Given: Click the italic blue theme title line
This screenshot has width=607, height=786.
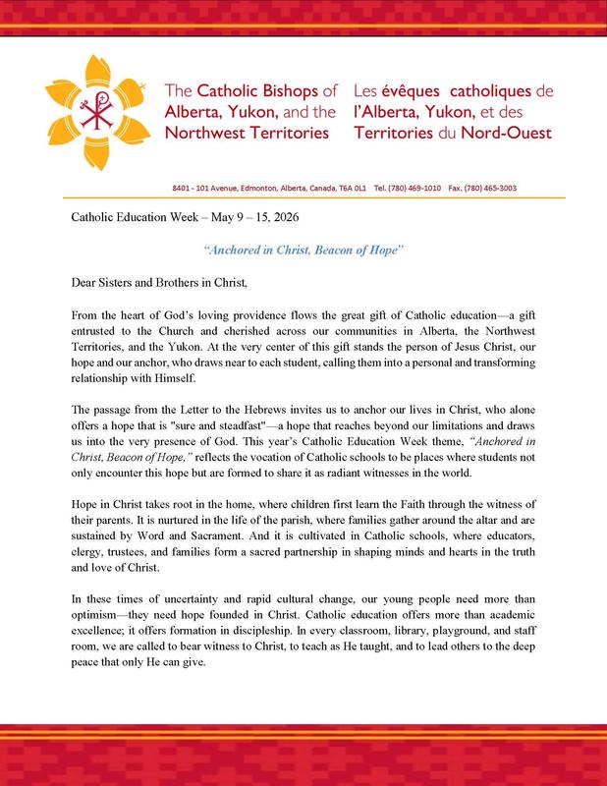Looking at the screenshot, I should tap(303, 251).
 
